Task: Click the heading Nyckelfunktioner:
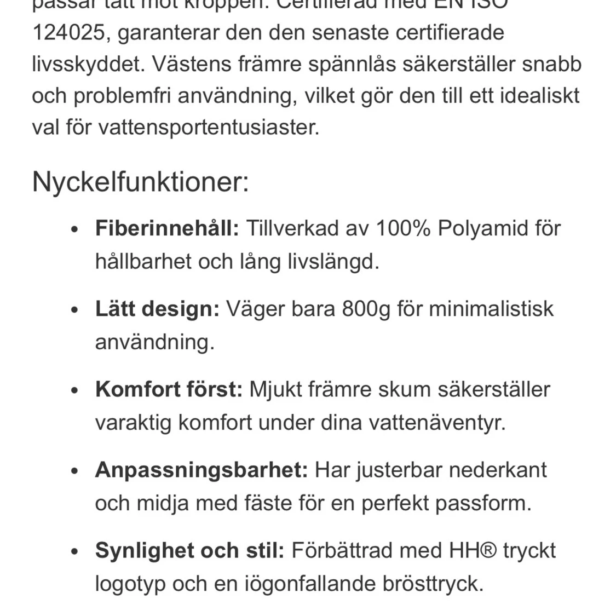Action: (140, 182)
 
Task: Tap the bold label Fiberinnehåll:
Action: (167, 228)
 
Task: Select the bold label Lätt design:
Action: (157, 309)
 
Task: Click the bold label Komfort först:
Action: (169, 389)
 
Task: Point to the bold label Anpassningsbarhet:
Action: (202, 470)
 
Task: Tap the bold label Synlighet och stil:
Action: (189, 550)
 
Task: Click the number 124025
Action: (68, 32)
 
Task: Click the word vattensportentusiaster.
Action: (209, 128)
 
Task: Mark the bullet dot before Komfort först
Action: (76, 391)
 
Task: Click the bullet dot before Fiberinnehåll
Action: (76, 230)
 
